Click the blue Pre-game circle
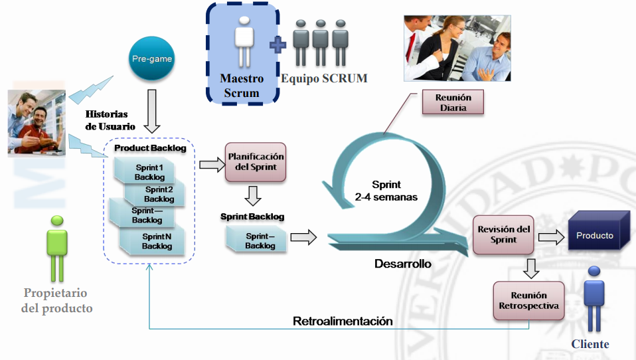[x=151, y=59]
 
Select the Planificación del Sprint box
[x=256, y=161]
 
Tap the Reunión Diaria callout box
[x=453, y=102]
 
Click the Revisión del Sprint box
[x=504, y=234]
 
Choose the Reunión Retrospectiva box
[x=528, y=301]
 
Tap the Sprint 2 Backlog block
[x=157, y=194]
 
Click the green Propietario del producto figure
[x=57, y=248]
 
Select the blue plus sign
[x=278, y=45]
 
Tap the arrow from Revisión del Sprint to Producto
[x=550, y=236]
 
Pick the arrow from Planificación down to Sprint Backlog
[x=253, y=196]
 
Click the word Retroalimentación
[x=343, y=321]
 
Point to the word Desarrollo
[x=402, y=264]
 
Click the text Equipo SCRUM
[x=324, y=78]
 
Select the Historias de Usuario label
[x=110, y=120]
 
